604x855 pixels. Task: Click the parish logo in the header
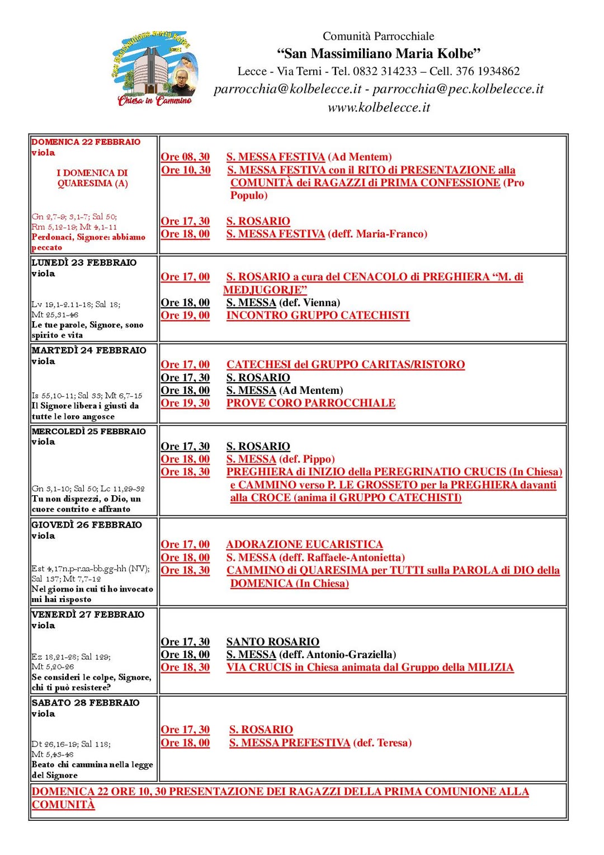[154, 68]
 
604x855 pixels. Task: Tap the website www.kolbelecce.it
[379, 107]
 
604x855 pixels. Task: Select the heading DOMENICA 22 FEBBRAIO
[86, 142]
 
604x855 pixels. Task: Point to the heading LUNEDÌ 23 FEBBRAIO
[84, 262]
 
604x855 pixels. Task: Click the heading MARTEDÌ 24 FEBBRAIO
[89, 350]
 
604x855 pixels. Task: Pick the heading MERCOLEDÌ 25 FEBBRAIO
[89, 431]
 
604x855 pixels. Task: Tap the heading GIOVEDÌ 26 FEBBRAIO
[87, 525]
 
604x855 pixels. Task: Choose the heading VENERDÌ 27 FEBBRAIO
[88, 614]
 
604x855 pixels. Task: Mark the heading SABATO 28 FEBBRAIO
[86, 703]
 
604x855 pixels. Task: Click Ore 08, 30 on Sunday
[185, 157]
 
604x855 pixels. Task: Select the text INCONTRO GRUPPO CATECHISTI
[318, 316]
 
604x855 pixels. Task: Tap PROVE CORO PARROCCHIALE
[311, 403]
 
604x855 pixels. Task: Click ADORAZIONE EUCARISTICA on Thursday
[304, 544]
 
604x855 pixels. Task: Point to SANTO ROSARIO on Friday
[272, 642]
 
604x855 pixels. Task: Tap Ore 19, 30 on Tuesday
[185, 403]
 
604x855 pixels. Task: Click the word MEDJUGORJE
[265, 290]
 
